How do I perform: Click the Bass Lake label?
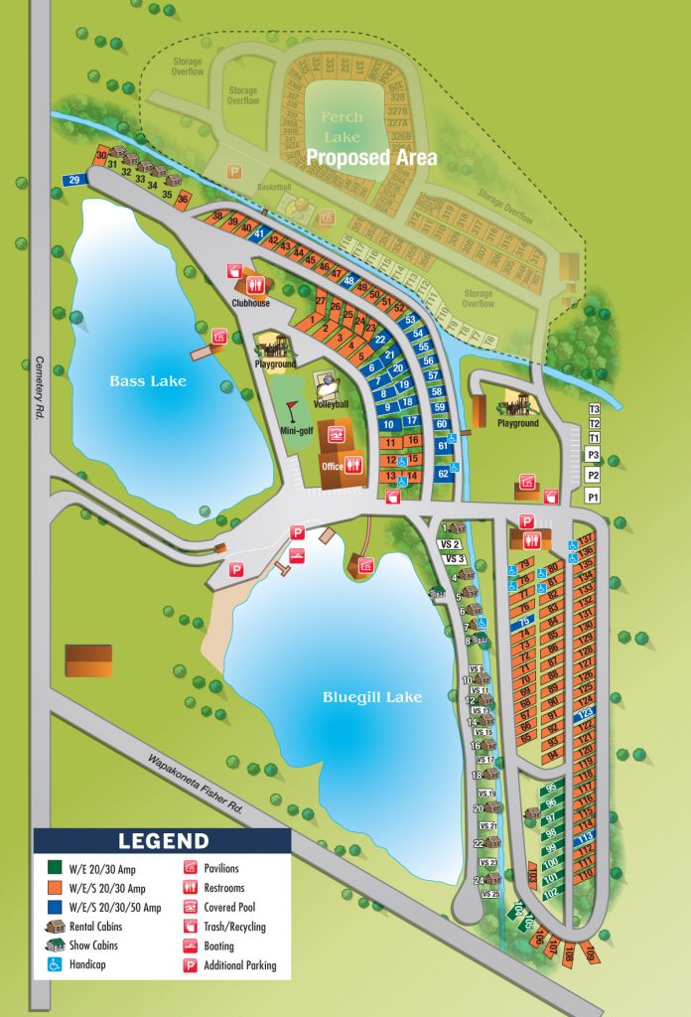pyautogui.click(x=147, y=380)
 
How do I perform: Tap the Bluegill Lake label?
pyautogui.click(x=372, y=697)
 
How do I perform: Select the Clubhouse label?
pyautogui.click(x=251, y=304)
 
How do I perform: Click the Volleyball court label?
pyautogui.click(x=331, y=405)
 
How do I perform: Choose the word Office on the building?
pyautogui.click(x=333, y=466)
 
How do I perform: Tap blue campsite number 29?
pyautogui.click(x=73, y=180)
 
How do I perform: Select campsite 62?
pyautogui.click(x=443, y=474)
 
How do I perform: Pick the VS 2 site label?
pyautogui.click(x=450, y=544)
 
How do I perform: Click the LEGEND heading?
pyautogui.click(x=164, y=841)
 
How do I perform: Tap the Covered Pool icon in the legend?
pyautogui.click(x=190, y=908)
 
